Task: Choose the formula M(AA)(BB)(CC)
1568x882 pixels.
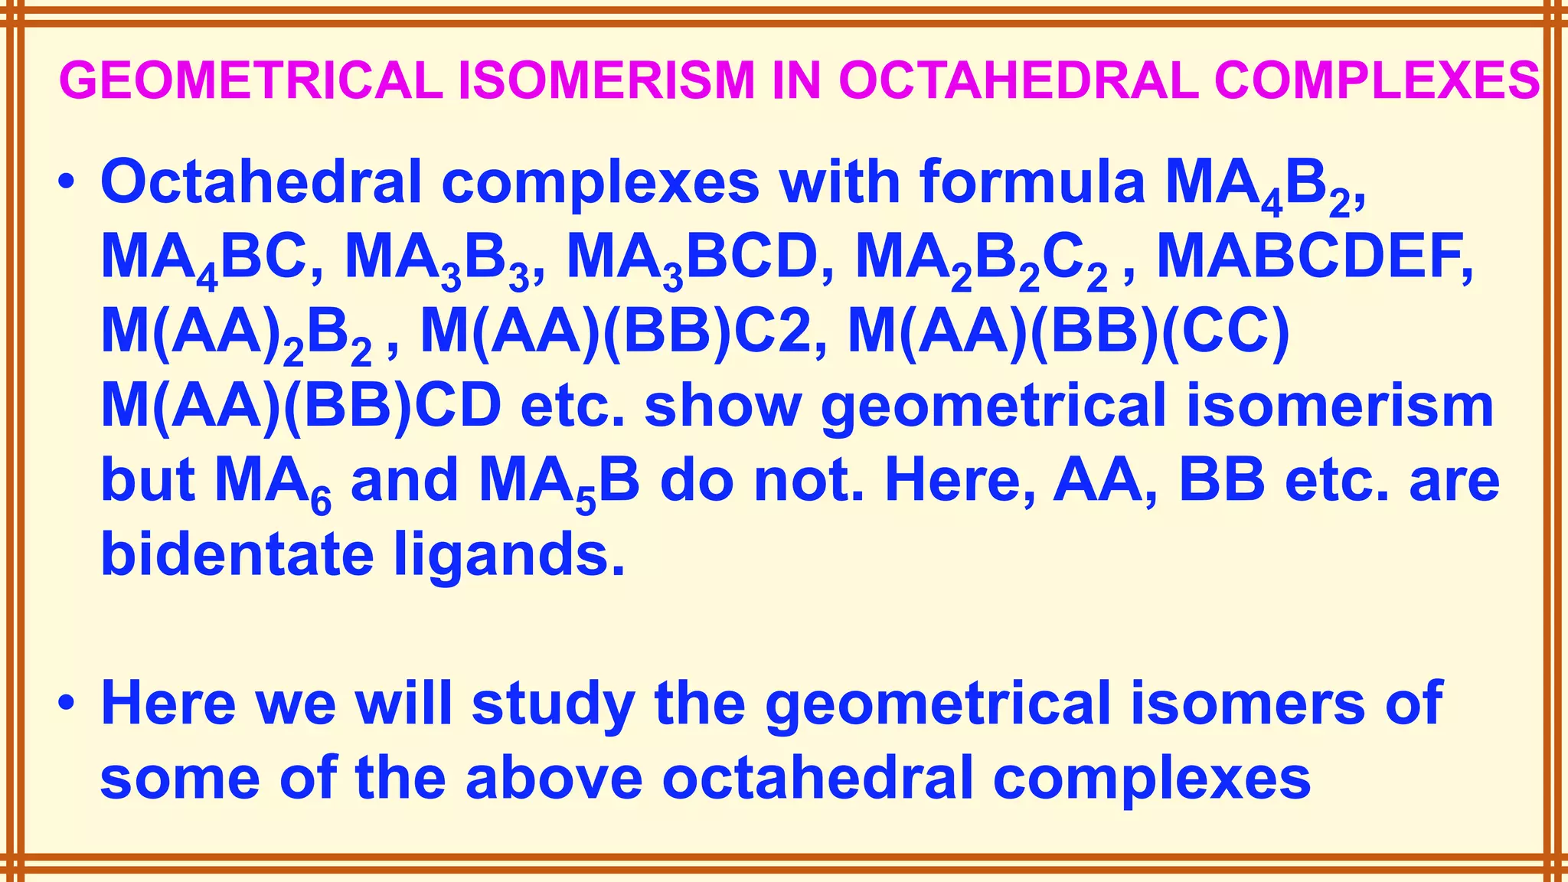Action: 1069,333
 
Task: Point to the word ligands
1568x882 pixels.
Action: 509,557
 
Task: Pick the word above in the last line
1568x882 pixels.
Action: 554,776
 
